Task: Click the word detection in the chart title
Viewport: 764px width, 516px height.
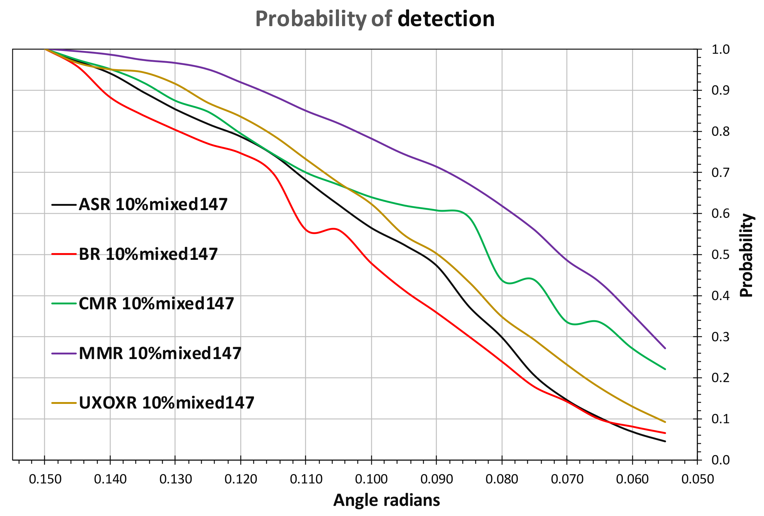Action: click(x=446, y=19)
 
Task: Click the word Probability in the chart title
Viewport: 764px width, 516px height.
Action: click(x=311, y=19)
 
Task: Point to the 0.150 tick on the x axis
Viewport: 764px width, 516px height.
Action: click(x=45, y=479)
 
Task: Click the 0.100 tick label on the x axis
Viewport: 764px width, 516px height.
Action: click(x=372, y=479)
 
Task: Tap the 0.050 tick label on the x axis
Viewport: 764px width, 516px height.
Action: click(x=698, y=479)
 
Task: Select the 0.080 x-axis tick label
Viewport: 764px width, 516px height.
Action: click(x=502, y=479)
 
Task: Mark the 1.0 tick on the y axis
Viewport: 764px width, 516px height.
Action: click(x=720, y=50)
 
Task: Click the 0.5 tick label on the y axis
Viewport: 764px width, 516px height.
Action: click(x=720, y=255)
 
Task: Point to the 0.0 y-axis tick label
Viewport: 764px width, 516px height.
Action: click(x=720, y=460)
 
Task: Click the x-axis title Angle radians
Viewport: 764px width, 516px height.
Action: click(x=387, y=500)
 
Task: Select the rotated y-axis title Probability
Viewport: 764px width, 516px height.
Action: click(x=746, y=255)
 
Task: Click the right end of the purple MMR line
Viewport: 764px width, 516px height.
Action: click(x=665, y=348)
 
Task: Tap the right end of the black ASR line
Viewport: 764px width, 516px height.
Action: click(x=665, y=441)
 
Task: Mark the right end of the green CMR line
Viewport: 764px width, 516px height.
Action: click(x=665, y=369)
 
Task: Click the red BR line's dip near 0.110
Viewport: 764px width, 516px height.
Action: click(x=314, y=233)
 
